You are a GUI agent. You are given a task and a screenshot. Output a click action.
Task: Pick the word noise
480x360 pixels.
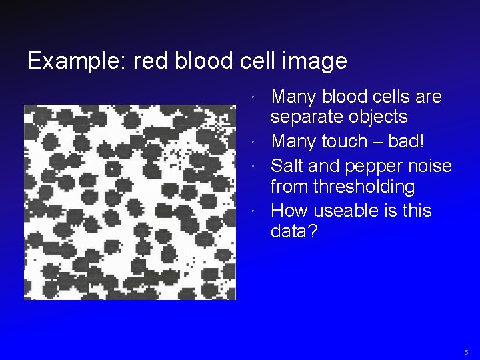pos(428,165)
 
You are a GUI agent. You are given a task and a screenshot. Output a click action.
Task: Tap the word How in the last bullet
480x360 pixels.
pos(288,211)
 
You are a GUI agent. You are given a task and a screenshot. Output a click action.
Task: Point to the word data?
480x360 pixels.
pos(294,231)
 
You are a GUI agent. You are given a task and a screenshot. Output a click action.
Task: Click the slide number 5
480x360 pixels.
pos(467,351)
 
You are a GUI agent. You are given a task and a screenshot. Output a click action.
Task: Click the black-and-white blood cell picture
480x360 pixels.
pos(130,202)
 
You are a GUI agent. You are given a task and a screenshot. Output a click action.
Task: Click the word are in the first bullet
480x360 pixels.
pos(429,97)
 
